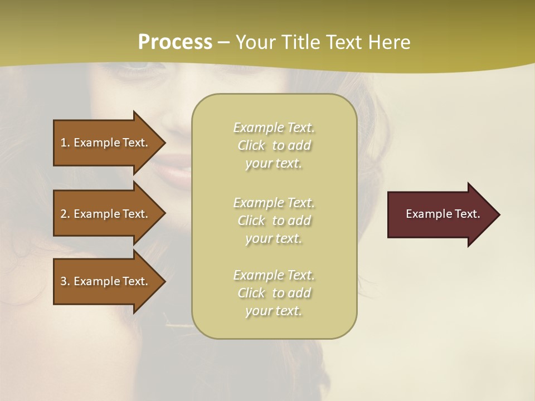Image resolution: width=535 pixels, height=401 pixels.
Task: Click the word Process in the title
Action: tap(175, 42)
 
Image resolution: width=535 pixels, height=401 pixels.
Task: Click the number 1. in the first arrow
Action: tap(65, 143)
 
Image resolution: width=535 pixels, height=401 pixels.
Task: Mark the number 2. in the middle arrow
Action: tap(65, 214)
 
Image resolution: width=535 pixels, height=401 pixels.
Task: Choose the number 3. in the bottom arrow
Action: tap(65, 281)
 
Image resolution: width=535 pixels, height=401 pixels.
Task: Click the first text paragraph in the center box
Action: tap(274, 145)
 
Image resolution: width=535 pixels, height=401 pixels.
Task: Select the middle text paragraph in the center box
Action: tap(274, 221)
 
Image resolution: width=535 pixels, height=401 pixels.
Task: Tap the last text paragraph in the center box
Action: tap(274, 293)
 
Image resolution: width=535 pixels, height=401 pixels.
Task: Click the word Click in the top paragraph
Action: tap(251, 146)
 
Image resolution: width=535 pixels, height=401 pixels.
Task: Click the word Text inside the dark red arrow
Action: tap(467, 214)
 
